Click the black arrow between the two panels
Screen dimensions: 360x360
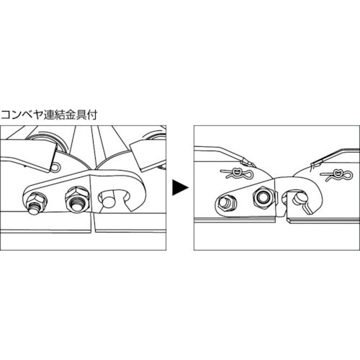180,188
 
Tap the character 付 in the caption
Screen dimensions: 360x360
92,115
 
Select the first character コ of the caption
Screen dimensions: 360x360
6,115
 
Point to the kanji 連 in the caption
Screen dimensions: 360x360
48,115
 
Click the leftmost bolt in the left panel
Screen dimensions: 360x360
35,202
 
